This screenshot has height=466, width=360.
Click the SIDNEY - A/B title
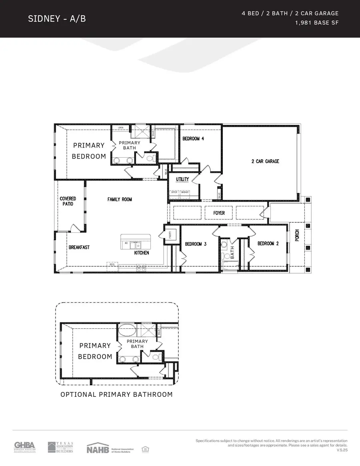57,19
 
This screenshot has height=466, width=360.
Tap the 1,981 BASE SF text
316,23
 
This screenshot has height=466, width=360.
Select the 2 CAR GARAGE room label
265,161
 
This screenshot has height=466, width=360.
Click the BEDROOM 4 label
193,139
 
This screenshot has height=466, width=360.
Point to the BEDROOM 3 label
196,244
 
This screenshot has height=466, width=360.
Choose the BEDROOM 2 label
268,243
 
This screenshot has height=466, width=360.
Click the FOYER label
219,213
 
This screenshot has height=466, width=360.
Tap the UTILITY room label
182,179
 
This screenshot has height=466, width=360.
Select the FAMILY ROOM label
120,199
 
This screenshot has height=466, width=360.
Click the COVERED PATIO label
68,201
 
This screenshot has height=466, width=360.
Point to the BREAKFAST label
79,247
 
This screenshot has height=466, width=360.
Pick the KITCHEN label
142,253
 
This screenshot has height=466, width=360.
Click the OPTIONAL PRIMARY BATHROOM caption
116,394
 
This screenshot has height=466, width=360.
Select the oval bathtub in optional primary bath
127,331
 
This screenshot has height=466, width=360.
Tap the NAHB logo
98,448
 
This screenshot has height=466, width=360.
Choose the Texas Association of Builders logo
61,447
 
